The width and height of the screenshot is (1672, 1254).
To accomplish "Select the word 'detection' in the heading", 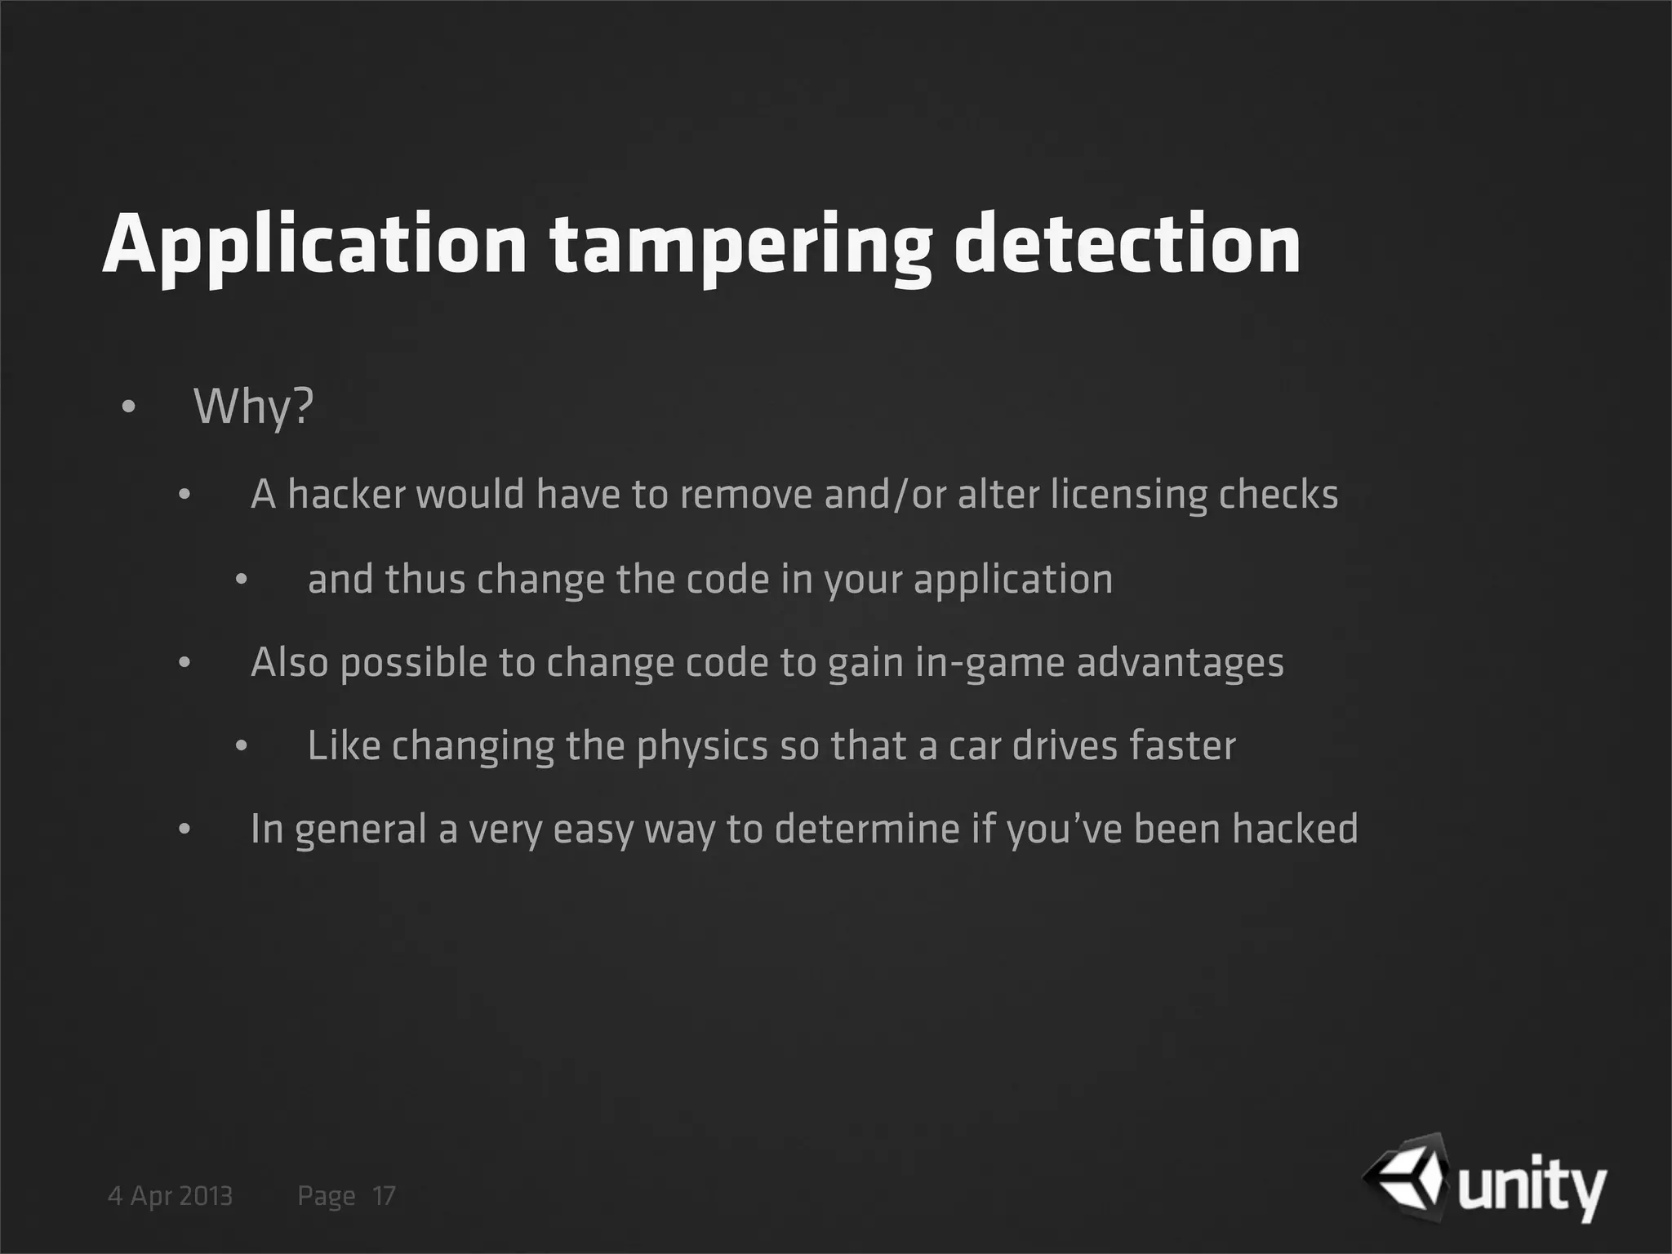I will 1127,243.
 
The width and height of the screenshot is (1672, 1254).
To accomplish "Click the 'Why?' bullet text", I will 253,407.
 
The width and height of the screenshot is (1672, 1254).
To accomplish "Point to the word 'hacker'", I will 346,494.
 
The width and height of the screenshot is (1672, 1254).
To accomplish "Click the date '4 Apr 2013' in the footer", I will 171,1196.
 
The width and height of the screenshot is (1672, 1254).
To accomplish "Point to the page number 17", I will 384,1196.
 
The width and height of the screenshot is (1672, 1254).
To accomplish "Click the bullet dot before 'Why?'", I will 128,407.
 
